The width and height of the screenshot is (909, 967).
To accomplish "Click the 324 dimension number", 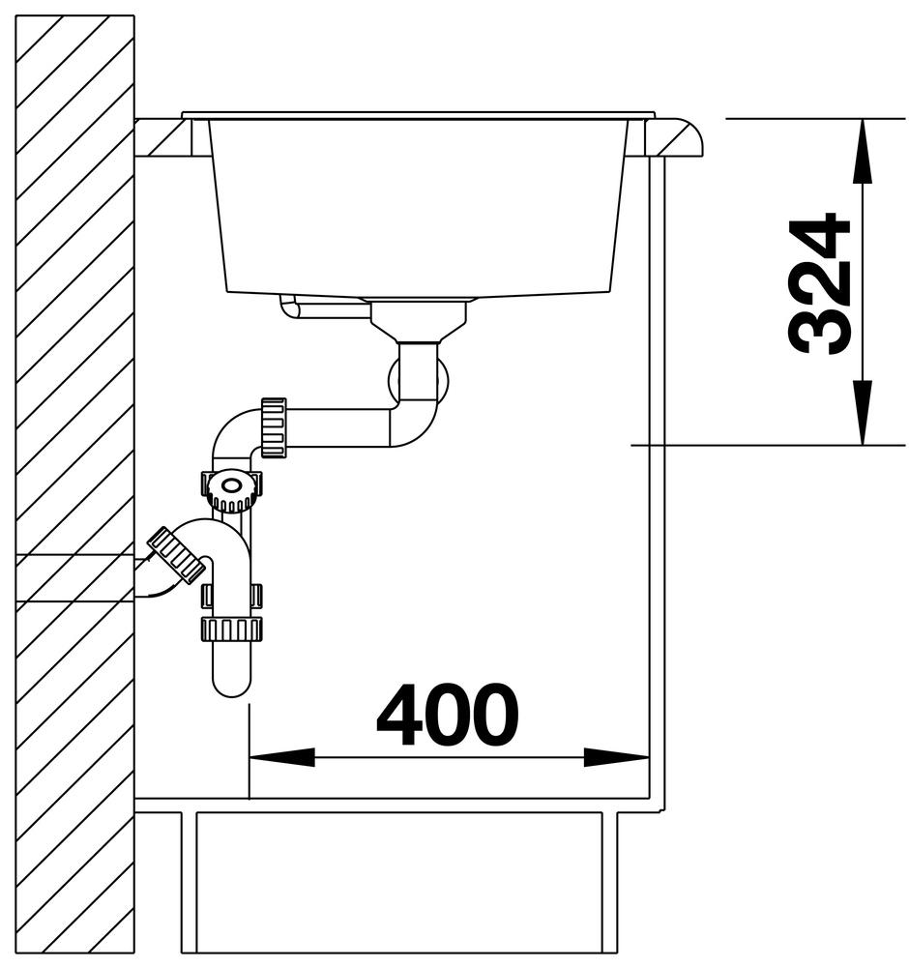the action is (x=820, y=284).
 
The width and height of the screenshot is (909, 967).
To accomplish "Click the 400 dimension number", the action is (x=447, y=714).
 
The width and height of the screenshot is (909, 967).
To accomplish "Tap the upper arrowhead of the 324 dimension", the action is (x=863, y=151).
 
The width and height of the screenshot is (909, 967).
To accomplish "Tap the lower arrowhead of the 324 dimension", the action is (x=863, y=412).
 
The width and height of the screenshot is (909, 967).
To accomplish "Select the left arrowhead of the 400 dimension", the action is (x=281, y=757).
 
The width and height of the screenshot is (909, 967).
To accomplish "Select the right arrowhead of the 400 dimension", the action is (x=616, y=757).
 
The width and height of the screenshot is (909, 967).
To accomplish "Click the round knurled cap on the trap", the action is (x=231, y=489).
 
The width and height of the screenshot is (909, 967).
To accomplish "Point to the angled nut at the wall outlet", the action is (x=177, y=554).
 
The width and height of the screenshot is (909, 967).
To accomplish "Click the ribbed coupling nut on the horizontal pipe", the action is (x=274, y=427).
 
